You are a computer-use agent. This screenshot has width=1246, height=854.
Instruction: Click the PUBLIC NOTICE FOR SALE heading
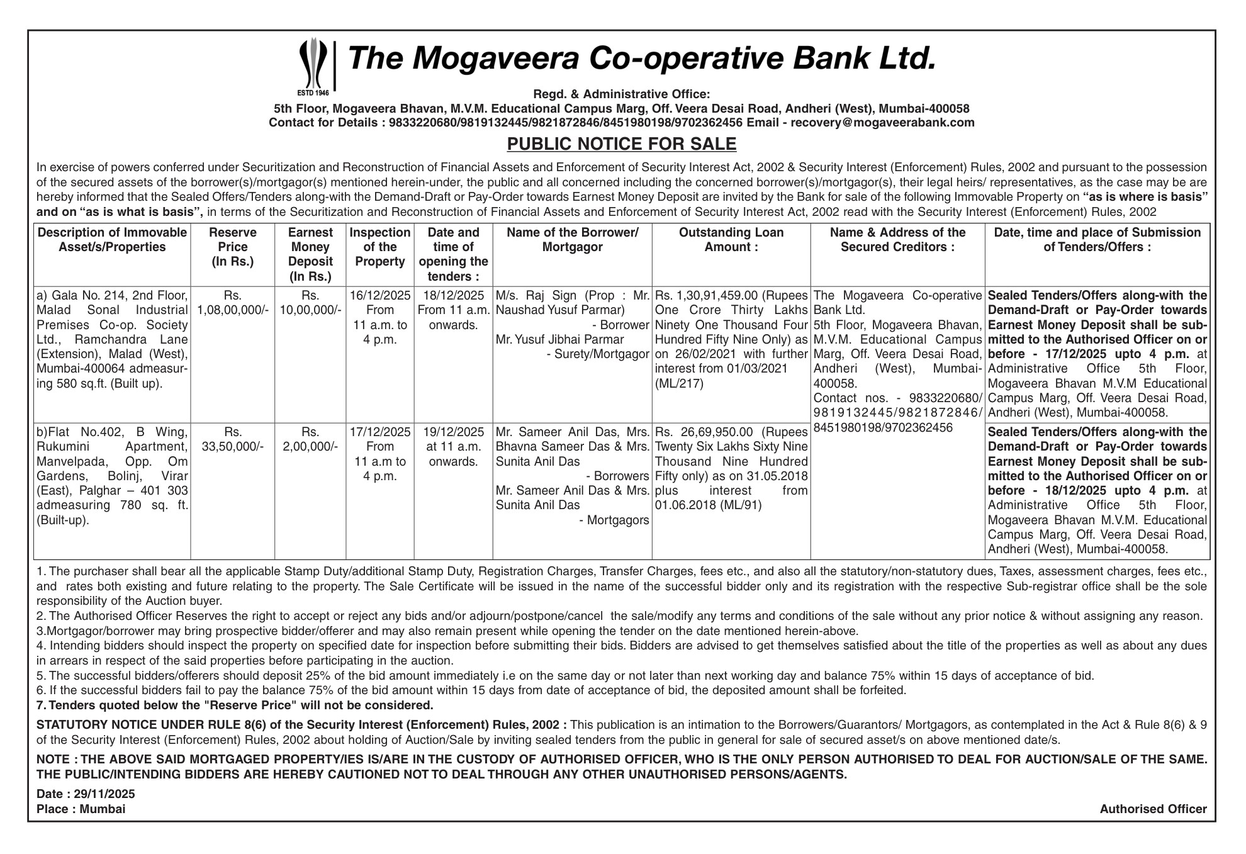point(622,144)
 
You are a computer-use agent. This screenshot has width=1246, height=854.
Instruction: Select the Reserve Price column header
point(232,247)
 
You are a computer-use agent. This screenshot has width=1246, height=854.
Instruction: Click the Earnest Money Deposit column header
point(310,254)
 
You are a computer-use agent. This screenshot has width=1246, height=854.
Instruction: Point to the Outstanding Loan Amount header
point(731,240)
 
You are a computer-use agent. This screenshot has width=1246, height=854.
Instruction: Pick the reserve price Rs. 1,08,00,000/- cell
point(232,303)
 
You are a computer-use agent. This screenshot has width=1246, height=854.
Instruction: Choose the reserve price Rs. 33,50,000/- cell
point(232,439)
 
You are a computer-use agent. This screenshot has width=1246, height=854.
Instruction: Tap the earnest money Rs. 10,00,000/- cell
point(310,303)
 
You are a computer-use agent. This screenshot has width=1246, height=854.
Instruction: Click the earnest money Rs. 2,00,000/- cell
point(310,439)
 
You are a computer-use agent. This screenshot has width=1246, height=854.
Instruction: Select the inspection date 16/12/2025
point(380,296)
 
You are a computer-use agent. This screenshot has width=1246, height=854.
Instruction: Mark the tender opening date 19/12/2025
point(453,432)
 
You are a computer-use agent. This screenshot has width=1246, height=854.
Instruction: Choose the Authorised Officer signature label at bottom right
point(1153,809)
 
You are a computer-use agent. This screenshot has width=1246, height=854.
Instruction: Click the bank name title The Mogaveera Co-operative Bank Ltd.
point(642,59)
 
